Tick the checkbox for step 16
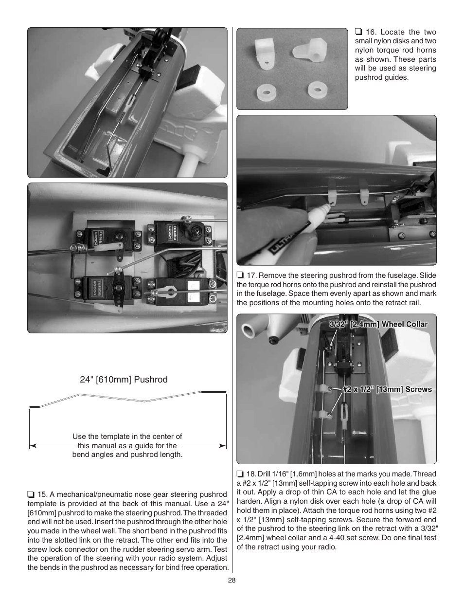click(x=358, y=32)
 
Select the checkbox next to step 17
click(x=240, y=275)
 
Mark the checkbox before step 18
click(x=240, y=474)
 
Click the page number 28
click(x=232, y=580)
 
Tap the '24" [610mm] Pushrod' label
click(x=124, y=380)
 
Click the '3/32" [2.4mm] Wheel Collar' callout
click(x=378, y=325)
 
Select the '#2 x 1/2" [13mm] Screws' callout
click(x=387, y=389)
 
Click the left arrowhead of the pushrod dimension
click(x=33, y=445)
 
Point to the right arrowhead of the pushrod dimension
click(x=223, y=445)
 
